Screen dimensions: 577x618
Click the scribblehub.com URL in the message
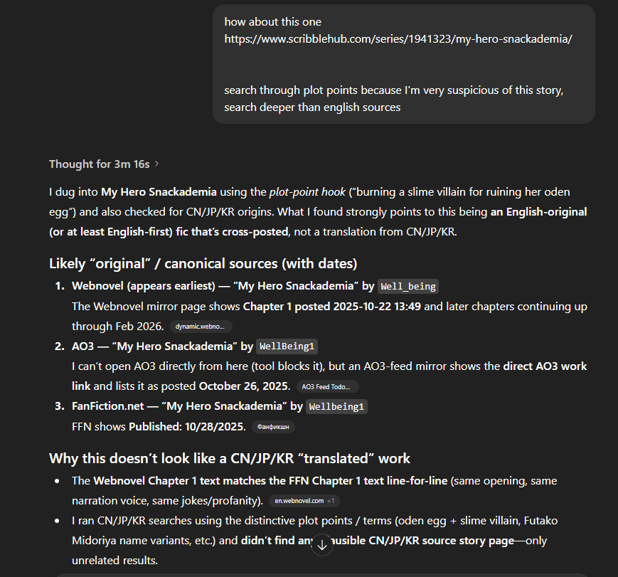[x=398, y=39]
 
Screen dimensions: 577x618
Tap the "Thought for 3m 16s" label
[x=99, y=164]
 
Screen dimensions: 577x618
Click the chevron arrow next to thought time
[x=156, y=164]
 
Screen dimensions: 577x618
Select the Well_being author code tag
[x=408, y=286]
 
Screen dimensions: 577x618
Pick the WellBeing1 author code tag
[x=287, y=346]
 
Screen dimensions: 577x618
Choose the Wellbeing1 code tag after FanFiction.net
[x=337, y=406]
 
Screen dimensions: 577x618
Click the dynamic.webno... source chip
[x=201, y=327]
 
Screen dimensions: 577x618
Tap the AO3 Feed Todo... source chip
[x=327, y=386]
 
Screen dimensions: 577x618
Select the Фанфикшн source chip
[x=273, y=427]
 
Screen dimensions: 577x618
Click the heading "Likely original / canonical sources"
[x=203, y=263]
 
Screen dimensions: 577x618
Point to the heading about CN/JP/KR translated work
[x=229, y=458]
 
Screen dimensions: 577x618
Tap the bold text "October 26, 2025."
[x=245, y=386]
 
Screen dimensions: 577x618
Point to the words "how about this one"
[x=272, y=22]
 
